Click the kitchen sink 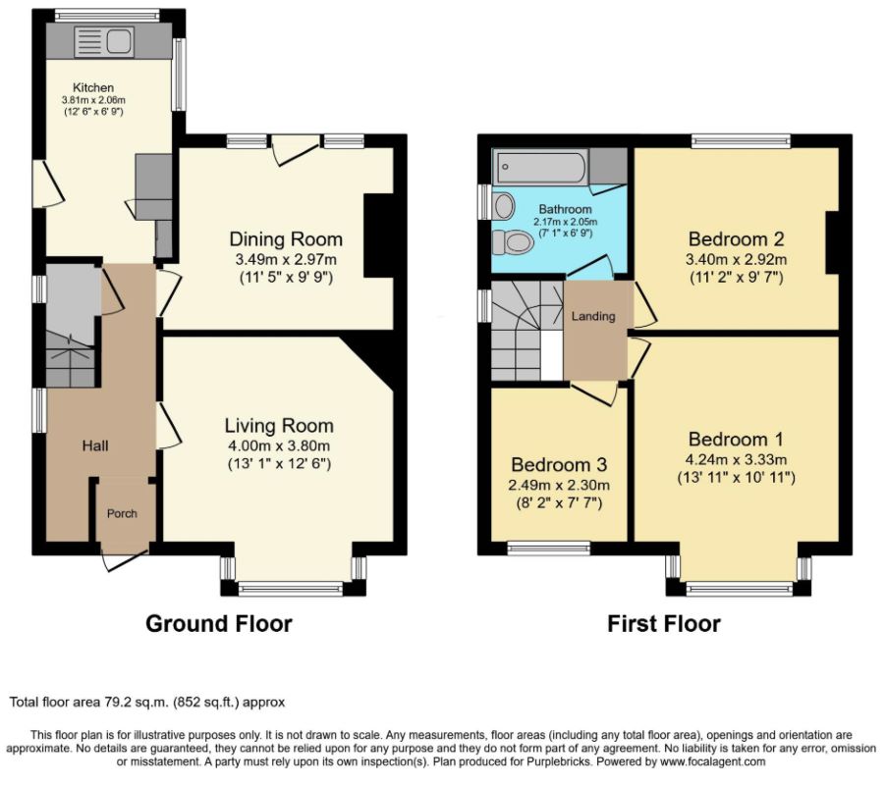click(104, 42)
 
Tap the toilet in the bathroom click(513, 242)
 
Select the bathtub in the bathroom click(540, 167)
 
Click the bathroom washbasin click(504, 206)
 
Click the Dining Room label click(286, 239)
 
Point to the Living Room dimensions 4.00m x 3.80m click(279, 446)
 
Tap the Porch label click(122, 513)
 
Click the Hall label click(95, 446)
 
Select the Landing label click(593, 316)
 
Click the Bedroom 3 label click(559, 465)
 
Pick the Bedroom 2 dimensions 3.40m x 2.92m click(736, 259)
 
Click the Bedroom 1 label click(736, 440)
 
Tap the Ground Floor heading click(219, 624)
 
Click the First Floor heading click(664, 624)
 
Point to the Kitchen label click(93, 87)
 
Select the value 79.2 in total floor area click(116, 703)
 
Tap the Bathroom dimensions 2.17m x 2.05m click(565, 222)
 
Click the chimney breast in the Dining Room click(378, 235)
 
